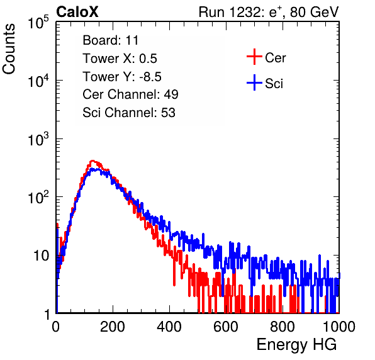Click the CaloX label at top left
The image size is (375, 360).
(77, 12)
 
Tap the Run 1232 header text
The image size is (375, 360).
(269, 12)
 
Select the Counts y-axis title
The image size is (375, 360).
(9, 48)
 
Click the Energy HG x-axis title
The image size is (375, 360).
(296, 345)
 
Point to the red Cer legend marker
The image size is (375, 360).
(254, 57)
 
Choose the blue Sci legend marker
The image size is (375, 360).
(254, 82)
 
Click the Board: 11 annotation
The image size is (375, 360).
(111, 40)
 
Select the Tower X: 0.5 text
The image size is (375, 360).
(120, 59)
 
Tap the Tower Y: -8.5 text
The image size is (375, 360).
(122, 77)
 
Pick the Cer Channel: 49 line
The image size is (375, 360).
(130, 94)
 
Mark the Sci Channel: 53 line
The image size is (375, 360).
(129, 113)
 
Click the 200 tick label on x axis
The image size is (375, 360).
(113, 327)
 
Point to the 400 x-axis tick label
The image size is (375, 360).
(169, 327)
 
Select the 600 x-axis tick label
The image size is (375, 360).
(226, 327)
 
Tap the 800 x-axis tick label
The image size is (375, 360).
(283, 327)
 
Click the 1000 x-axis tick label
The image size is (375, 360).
(339, 327)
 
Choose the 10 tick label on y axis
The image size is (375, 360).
(41, 256)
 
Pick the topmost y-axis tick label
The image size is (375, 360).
(38, 22)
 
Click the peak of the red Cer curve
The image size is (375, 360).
(92, 160)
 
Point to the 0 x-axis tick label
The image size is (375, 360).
(56, 327)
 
